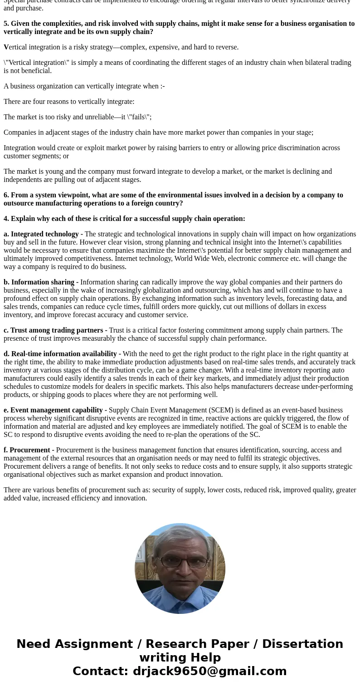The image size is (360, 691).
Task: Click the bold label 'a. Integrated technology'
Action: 41,234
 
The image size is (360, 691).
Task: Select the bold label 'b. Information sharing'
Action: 39,282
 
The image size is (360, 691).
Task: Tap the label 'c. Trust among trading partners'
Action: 53,330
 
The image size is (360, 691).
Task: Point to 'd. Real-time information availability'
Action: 60,354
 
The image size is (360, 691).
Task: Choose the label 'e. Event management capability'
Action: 53,410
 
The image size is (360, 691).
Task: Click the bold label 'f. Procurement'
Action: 27,450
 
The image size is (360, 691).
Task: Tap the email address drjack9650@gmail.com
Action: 209,671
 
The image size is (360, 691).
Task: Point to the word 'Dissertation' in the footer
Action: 302,644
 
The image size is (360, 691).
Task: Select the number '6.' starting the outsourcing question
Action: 6,195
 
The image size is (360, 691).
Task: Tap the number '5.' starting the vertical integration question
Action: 6,24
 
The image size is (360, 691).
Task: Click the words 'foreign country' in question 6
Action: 159,203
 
